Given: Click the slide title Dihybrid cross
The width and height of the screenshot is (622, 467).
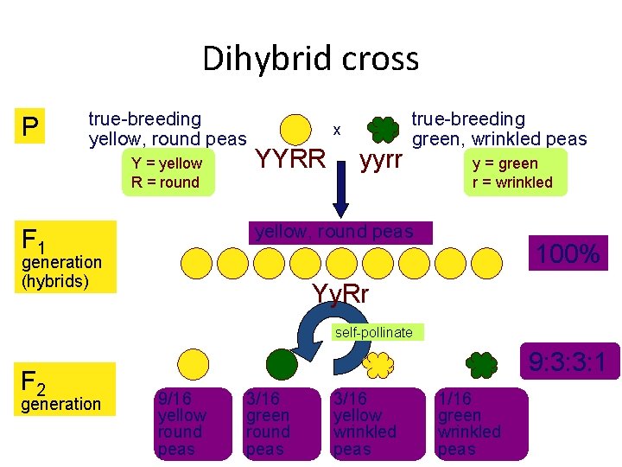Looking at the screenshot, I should pyautogui.click(x=310, y=59).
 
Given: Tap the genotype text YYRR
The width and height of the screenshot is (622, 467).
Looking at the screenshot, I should pyautogui.click(x=291, y=159).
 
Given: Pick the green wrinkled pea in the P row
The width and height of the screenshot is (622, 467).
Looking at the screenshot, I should pyautogui.click(x=383, y=128).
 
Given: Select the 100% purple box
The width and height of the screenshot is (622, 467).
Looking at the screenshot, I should pyautogui.click(x=568, y=254).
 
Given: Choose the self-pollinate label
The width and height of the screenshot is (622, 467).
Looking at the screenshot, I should pyautogui.click(x=374, y=332).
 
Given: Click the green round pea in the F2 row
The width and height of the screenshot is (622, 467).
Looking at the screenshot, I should pyautogui.click(x=281, y=365).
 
